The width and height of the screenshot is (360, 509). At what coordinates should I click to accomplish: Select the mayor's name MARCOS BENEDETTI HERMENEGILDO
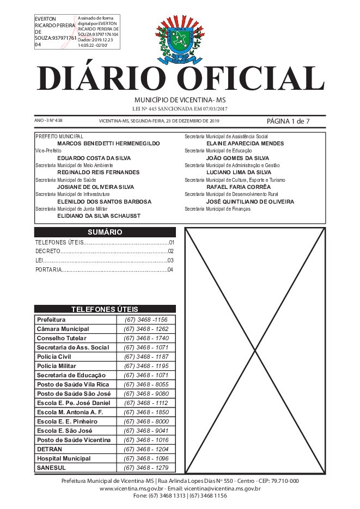click(x=108, y=143)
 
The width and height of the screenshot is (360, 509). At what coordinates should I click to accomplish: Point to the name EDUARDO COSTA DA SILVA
click(x=94, y=158)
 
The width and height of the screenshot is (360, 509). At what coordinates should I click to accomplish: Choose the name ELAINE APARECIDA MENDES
click(x=237, y=143)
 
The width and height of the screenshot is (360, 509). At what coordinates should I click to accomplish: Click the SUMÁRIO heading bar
click(x=105, y=232)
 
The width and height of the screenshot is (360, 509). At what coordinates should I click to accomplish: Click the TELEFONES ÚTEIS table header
click(x=105, y=309)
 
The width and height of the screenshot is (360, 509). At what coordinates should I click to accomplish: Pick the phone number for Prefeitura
click(x=146, y=320)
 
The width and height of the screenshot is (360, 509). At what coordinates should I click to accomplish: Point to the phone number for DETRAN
click(x=146, y=449)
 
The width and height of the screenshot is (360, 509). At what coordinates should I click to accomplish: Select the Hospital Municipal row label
click(x=64, y=458)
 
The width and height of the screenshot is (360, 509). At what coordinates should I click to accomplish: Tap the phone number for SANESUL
click(x=146, y=468)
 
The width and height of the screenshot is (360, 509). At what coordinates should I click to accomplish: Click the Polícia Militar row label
click(x=57, y=366)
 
